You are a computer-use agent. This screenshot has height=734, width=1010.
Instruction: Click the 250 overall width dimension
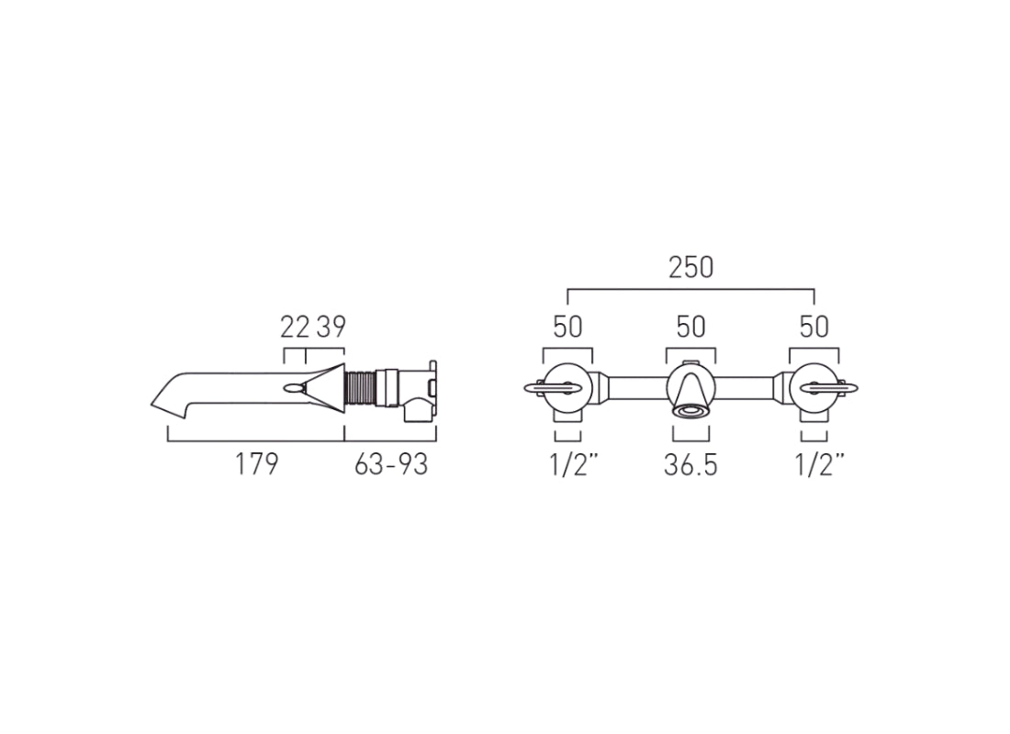(690, 267)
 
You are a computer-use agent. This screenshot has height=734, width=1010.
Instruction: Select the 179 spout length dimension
(256, 465)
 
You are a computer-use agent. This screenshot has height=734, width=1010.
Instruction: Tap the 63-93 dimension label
(391, 465)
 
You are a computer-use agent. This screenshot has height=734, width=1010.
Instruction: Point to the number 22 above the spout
(295, 327)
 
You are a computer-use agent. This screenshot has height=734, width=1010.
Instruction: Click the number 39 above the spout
(330, 327)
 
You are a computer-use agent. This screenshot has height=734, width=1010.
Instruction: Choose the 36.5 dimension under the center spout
(690, 465)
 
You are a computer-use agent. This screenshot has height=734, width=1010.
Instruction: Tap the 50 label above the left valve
(567, 327)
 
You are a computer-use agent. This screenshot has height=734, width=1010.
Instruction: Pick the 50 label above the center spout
(690, 327)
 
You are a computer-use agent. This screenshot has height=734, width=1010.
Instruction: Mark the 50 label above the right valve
(814, 327)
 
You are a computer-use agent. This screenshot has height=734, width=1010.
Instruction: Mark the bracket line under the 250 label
(690, 289)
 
